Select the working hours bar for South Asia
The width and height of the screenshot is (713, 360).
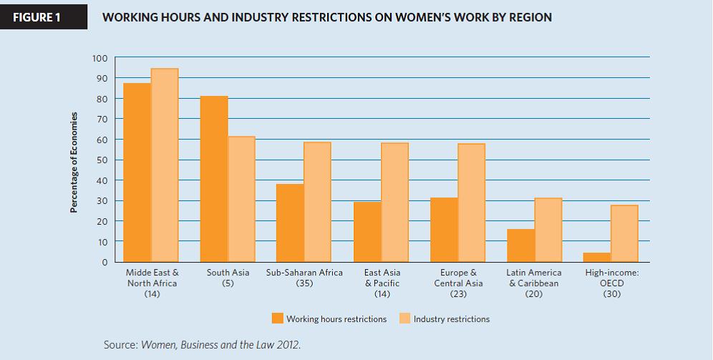pos(214,179)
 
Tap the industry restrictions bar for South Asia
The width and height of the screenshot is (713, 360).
pos(241,199)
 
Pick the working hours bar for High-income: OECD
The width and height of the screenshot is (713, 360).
pos(597,257)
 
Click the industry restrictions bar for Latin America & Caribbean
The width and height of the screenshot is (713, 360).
pos(548,230)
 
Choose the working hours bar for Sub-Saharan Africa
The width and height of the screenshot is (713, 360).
pos(290,223)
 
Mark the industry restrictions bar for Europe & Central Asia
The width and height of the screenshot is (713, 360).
pos(472,203)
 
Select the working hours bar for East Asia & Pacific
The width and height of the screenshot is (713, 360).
pos(367,232)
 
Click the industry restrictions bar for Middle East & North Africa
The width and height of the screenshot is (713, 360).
pos(165,165)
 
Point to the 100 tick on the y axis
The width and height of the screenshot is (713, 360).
pos(100,58)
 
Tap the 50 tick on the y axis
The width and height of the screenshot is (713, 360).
pos(102,160)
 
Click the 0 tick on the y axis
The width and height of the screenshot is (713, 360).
pos(105,263)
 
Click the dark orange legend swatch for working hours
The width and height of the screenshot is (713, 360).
pos(278,318)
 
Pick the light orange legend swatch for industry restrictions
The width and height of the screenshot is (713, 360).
pos(404,318)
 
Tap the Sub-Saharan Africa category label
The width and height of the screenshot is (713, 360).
pos(304,273)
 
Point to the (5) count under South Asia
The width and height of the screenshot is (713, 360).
pos(228,283)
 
